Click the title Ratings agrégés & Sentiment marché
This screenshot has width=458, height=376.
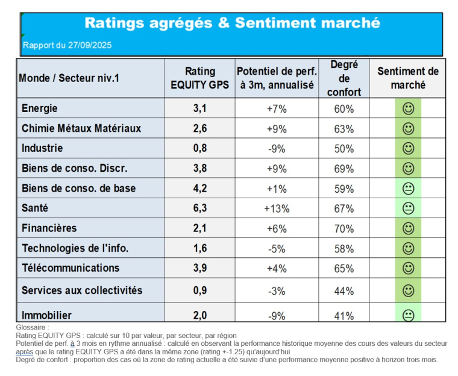coord(232,23)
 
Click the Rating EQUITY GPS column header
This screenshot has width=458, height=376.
coord(199,78)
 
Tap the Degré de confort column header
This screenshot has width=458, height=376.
coord(344,78)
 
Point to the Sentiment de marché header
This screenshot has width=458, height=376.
coord(408,78)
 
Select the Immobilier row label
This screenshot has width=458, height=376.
coord(46,315)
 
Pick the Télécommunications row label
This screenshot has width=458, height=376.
coord(71,268)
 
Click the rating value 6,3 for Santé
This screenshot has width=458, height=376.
coord(199,208)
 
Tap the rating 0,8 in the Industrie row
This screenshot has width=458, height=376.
coord(199,148)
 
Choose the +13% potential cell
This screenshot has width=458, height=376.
coord(277,208)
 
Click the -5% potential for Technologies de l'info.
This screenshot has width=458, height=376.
coord(277,248)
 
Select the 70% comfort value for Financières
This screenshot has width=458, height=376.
coord(344,228)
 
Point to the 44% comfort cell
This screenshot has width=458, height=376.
coord(344,290)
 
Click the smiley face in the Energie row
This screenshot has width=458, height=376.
coord(408,109)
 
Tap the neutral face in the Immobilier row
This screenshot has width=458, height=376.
coord(408,315)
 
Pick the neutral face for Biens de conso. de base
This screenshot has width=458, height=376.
coord(408,189)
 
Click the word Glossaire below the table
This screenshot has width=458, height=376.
coord(33,327)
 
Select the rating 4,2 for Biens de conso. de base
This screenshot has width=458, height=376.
coord(199,189)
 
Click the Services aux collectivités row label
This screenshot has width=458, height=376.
coord(82,290)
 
